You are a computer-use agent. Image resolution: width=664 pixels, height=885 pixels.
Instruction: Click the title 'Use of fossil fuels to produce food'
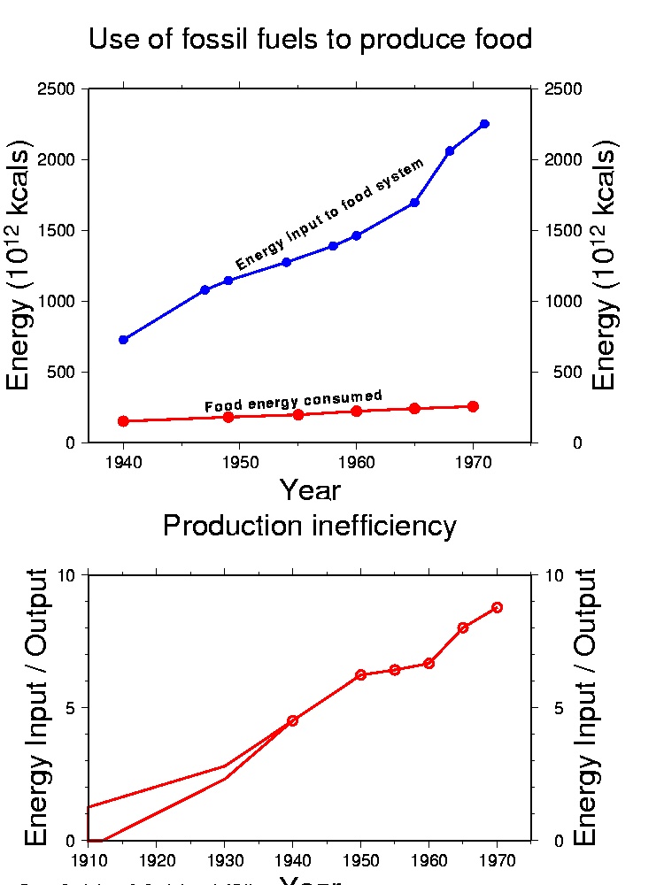310,40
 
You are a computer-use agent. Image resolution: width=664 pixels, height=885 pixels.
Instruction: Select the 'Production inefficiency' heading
310,526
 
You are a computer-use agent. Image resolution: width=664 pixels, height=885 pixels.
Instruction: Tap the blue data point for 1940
123,340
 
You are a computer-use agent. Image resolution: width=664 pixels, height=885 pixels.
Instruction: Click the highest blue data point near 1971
484,124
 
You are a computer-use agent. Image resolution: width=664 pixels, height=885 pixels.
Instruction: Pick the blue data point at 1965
414,203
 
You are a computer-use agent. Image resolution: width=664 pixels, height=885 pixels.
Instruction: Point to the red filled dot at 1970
473,406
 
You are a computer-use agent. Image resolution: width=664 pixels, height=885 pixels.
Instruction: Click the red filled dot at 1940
123,421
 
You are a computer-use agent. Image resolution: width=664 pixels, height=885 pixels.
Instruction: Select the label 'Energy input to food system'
330,213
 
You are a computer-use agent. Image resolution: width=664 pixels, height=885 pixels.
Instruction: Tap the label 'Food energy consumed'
293,401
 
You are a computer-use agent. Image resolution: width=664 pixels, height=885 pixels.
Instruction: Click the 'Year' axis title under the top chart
310,489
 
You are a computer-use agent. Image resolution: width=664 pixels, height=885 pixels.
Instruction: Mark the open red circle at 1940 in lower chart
292,720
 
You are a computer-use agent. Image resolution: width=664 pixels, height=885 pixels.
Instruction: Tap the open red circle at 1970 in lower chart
498,607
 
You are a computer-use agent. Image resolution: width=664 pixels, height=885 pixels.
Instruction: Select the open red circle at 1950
360,674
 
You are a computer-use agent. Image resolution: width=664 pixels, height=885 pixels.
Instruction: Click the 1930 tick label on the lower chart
224,859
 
